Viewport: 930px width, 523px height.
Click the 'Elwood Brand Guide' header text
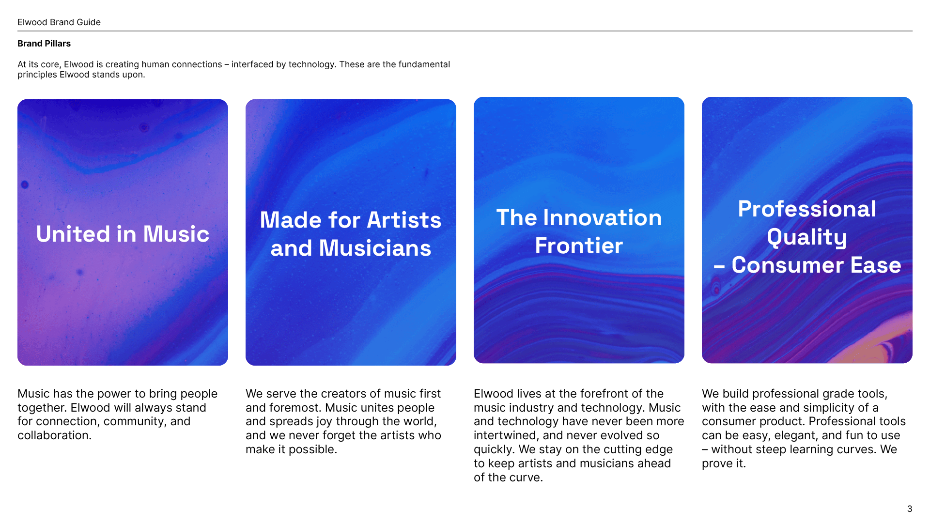[59, 22]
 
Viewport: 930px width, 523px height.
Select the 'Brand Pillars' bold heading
[44, 44]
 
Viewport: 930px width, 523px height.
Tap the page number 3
[909, 509]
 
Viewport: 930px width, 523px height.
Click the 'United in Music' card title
[123, 234]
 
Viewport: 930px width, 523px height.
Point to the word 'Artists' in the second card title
[404, 220]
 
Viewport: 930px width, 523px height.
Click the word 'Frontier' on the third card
[579, 246]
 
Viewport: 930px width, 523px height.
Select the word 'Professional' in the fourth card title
[807, 209]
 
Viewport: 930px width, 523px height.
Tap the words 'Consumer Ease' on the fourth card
[816, 265]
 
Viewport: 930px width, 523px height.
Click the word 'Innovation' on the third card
[602, 218]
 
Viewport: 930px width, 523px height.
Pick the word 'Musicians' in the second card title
[375, 248]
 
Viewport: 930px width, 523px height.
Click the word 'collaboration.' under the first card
[54, 435]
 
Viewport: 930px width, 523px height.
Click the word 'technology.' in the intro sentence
[312, 64]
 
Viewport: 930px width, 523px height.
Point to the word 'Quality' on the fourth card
[807, 237]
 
